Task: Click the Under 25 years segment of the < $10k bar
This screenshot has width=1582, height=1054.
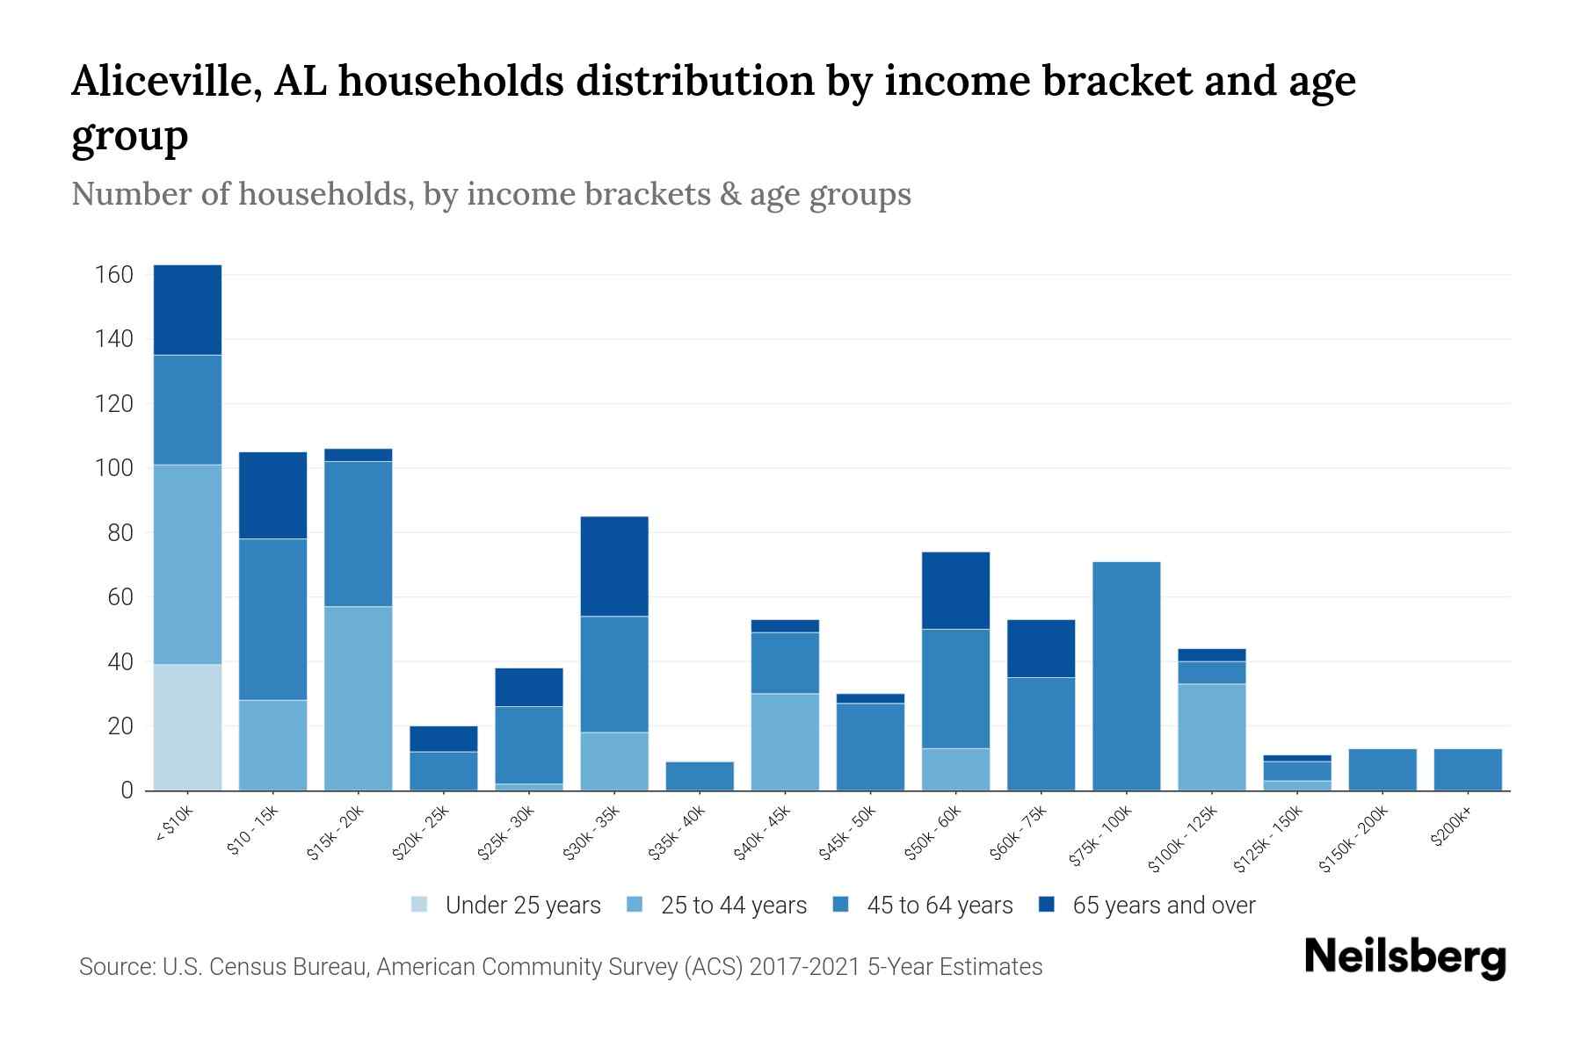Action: [187, 727]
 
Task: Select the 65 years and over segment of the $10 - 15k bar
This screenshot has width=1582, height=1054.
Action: [273, 495]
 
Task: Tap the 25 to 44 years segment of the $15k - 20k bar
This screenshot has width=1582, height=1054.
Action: [359, 698]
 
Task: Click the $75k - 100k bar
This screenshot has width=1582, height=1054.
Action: [1126, 676]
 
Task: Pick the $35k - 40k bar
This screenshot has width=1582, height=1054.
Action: [700, 776]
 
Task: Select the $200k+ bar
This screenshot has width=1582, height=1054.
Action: [1467, 769]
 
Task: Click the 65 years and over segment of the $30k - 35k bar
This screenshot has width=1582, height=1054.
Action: [614, 567]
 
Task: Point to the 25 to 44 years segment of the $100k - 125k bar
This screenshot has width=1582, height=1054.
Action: [1211, 737]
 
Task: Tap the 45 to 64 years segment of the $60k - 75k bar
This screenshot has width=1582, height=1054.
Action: [1041, 733]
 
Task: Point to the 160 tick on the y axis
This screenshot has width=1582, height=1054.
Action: [113, 275]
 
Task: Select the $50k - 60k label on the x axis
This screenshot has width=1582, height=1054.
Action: [934, 833]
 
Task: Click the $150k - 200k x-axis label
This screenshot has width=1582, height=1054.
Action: [1354, 839]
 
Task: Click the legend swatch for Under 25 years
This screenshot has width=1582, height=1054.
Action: [420, 905]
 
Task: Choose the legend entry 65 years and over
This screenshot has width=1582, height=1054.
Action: [1163, 906]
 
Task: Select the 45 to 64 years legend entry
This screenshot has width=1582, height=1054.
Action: [939, 906]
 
